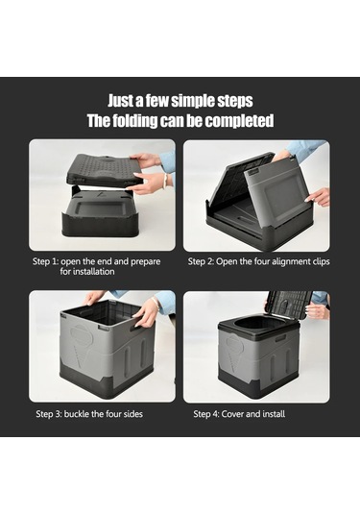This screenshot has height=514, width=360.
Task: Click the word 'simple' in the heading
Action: click(193, 101)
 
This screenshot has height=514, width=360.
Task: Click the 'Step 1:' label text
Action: click(45, 261)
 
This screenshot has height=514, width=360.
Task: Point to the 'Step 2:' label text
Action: click(201, 261)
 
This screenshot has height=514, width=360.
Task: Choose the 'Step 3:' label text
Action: click(49, 414)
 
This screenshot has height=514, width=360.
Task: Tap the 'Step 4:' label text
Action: click(206, 414)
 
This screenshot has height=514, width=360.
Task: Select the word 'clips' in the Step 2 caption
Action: click(321, 262)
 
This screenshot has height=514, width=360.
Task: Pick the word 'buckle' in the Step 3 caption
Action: click(77, 414)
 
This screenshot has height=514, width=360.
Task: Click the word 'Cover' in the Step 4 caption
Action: click(232, 414)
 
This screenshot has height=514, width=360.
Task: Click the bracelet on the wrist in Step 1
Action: click(166, 182)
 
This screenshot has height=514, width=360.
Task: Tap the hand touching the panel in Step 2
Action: click(317, 197)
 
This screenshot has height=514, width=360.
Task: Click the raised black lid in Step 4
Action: click(288, 305)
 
